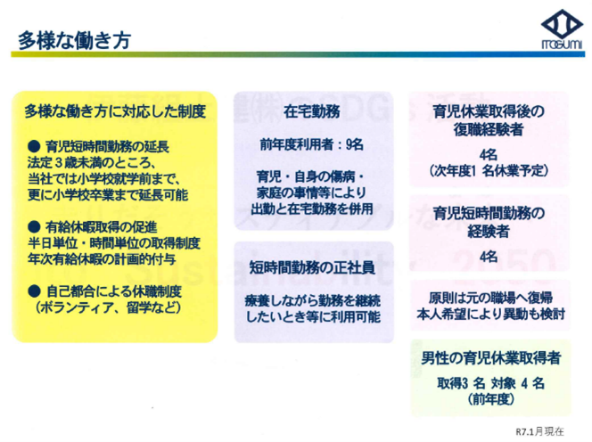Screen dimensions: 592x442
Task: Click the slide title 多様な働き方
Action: click(x=74, y=40)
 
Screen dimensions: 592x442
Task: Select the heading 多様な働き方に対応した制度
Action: click(x=115, y=111)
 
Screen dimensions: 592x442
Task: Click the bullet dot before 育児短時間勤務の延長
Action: click(x=34, y=145)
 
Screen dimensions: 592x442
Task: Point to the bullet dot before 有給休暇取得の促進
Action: click(x=34, y=226)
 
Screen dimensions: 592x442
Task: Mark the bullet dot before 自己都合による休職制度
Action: click(x=34, y=291)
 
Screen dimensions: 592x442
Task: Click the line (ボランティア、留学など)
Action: click(x=109, y=307)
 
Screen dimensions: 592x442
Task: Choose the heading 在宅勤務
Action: click(x=312, y=111)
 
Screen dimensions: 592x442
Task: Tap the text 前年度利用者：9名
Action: click(x=312, y=144)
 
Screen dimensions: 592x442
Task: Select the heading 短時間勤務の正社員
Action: click(x=312, y=267)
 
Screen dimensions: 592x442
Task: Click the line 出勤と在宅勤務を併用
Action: click(x=312, y=209)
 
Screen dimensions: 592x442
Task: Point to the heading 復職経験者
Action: click(x=489, y=129)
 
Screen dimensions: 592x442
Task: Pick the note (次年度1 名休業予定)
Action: click(x=489, y=170)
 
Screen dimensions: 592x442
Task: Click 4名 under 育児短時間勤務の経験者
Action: click(x=489, y=257)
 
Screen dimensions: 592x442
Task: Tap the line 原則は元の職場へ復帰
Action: click(x=490, y=298)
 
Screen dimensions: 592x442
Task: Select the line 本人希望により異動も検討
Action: click(x=490, y=314)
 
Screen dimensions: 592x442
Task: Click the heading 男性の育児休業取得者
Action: click(x=490, y=358)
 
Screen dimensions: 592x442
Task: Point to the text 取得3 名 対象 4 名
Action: click(x=490, y=383)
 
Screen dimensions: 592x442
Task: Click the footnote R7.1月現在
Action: click(x=540, y=431)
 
